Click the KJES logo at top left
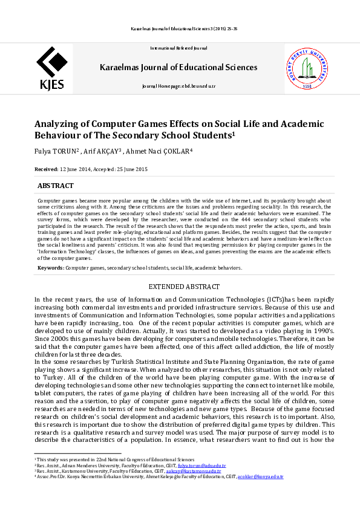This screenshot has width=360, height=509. tap(51, 69)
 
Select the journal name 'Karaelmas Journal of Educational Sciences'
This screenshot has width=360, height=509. tap(178, 67)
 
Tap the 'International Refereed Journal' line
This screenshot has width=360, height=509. tap(178, 48)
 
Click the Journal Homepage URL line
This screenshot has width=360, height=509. tap(178, 86)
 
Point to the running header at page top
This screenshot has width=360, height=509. tap(180, 28)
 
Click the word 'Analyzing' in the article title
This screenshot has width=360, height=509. tap(57, 123)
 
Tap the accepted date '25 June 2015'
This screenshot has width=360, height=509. tap(131, 169)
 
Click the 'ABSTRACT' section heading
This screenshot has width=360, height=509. tap(56, 186)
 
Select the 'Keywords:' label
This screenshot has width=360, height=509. tap(51, 267)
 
